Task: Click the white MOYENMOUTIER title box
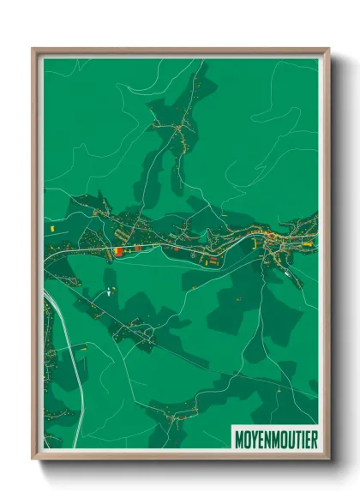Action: [x=274, y=439]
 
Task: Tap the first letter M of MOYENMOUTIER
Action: [x=239, y=439]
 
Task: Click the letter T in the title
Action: [x=296, y=439]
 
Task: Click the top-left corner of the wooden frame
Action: [x=33, y=49]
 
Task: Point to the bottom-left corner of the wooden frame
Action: [x=33, y=459]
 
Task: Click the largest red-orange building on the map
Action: [x=117, y=250]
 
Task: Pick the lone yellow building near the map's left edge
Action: [x=51, y=230]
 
